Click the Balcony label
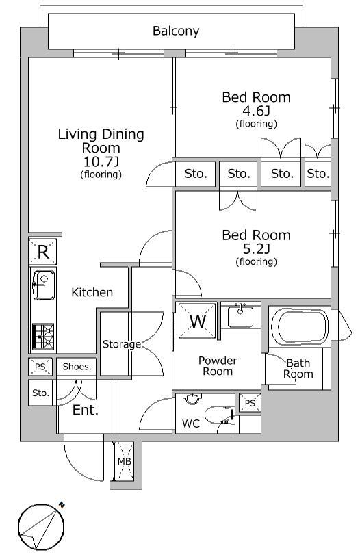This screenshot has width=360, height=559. [x=176, y=31]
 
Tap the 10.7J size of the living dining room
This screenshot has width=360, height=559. [x=101, y=161]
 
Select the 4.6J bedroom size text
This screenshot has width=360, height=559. [x=256, y=111]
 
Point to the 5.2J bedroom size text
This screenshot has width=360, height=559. [x=256, y=248]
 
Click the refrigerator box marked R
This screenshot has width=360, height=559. [x=42, y=252]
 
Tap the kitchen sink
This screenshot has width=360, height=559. [x=44, y=285]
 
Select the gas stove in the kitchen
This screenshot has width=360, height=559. [x=43, y=337]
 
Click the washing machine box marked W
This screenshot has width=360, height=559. [x=198, y=321]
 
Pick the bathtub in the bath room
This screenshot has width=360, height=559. [x=299, y=326]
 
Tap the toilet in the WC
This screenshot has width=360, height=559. [x=218, y=415]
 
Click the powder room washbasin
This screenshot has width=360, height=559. [x=241, y=315]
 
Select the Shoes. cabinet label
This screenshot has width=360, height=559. [x=77, y=367]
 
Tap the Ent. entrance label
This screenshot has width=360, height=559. [x=85, y=410]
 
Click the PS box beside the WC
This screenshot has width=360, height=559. [x=250, y=403]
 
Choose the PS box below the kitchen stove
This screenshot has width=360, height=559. [x=40, y=367]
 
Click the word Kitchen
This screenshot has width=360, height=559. [x=92, y=292]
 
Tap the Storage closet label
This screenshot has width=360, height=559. [x=122, y=344]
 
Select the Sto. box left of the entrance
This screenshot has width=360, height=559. [x=40, y=393]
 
